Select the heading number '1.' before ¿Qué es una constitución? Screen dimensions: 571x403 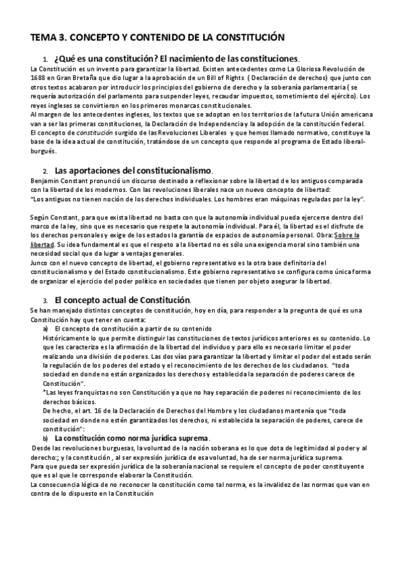click(x=44, y=59)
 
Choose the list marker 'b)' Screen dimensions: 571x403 click(x=46, y=437)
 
